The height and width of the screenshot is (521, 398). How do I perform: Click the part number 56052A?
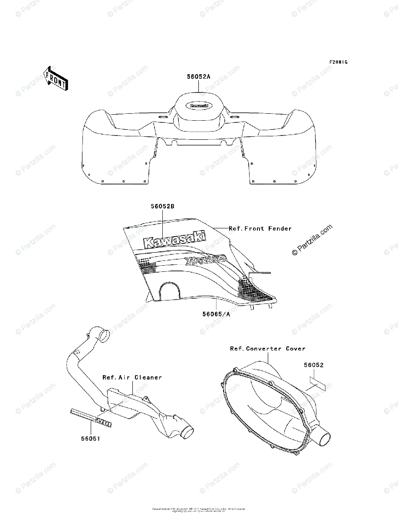point(199,77)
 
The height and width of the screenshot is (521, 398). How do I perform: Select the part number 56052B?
point(163,207)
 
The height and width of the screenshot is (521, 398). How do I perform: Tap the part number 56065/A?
point(216,314)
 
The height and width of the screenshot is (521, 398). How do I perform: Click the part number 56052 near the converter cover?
point(313,365)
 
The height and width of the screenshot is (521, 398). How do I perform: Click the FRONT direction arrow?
point(55,78)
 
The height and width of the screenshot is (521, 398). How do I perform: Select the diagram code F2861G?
point(338,62)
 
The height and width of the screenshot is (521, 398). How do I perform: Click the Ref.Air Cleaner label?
point(132,377)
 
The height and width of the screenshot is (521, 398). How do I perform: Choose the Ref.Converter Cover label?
point(267,349)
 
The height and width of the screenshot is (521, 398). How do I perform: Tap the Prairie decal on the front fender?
point(205,260)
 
